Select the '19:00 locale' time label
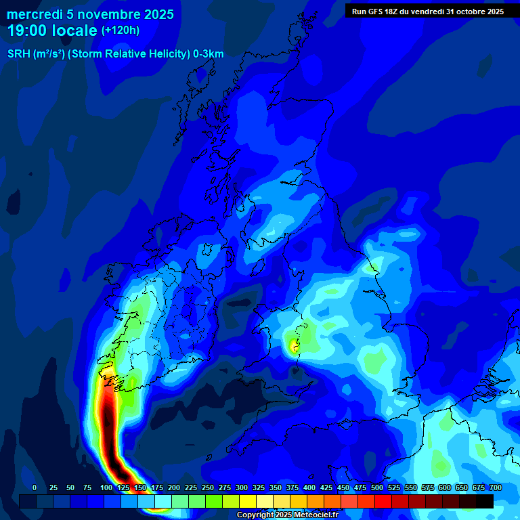coord(53,30)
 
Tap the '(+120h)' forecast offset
coord(121,30)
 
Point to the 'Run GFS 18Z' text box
coord(427,12)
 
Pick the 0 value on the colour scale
coord(35,488)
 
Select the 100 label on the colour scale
coord(106,488)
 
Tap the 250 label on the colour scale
coord(208,488)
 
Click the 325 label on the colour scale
coord(259,488)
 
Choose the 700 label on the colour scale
coord(496,488)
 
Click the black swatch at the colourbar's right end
coord(485,501)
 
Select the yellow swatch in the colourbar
coord(248,501)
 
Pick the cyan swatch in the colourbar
coord(163,501)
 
